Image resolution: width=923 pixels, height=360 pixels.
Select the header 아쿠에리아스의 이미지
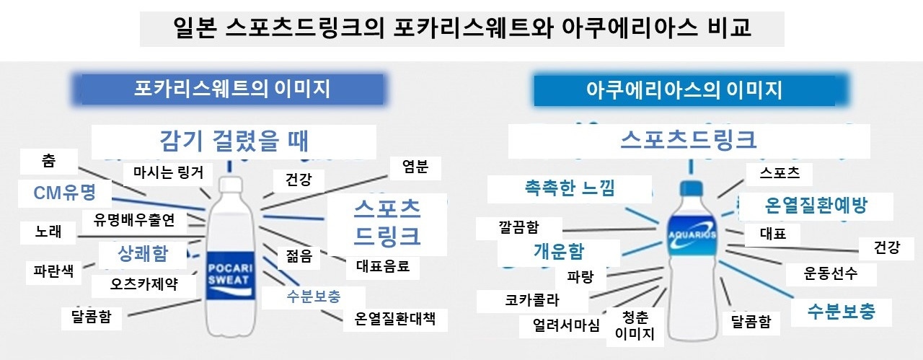684,90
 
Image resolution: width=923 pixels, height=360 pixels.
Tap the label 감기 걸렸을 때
234,141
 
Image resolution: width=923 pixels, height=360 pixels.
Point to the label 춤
48,161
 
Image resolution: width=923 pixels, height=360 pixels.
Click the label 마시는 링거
168,172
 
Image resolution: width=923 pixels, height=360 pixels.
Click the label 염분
415,167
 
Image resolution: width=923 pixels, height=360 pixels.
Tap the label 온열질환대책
395,317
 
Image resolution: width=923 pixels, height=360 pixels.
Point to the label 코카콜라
532,300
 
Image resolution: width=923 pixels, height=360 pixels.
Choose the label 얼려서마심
566,325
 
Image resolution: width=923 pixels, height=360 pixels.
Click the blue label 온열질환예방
816,206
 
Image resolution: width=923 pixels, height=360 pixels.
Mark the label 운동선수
830,274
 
